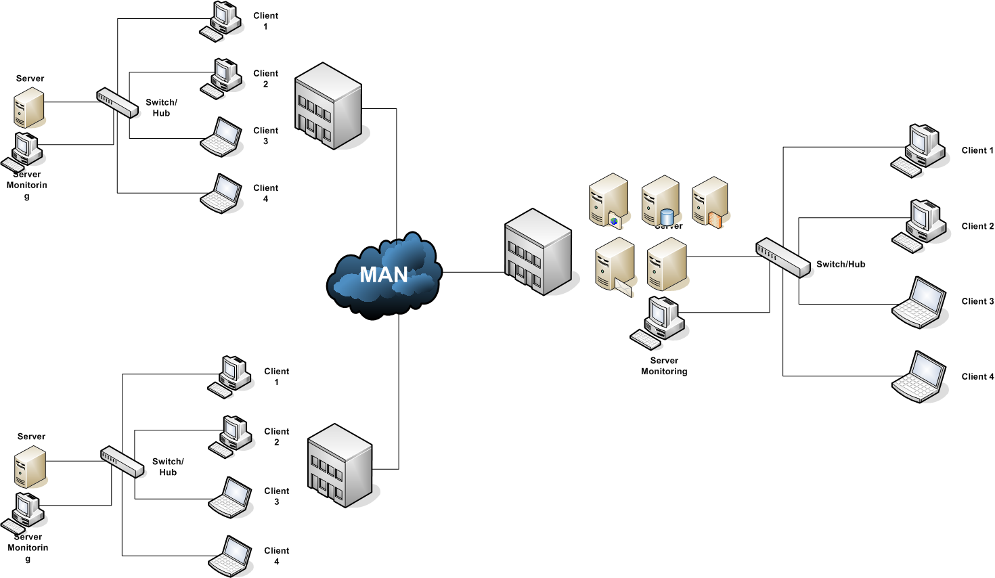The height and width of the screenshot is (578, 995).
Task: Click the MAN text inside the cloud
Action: [383, 275]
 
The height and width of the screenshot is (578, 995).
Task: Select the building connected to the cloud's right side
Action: [539, 252]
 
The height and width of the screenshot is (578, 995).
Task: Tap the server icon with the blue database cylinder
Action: [660, 201]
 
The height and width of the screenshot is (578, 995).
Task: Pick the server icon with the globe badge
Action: [608, 200]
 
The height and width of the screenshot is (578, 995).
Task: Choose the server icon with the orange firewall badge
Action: [709, 202]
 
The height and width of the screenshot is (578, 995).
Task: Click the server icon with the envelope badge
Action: [614, 267]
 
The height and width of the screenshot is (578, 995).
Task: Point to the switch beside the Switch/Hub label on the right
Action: [782, 257]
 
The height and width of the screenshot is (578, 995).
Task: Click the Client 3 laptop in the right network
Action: [919, 303]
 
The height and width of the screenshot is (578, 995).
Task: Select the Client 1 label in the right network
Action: [977, 150]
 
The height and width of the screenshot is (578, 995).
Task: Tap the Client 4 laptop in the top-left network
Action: [221, 194]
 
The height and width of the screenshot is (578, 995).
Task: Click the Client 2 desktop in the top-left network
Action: [222, 78]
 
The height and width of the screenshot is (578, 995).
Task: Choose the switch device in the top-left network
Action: [116, 103]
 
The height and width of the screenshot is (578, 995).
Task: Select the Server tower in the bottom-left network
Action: [30, 467]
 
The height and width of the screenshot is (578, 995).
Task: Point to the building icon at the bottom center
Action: [340, 466]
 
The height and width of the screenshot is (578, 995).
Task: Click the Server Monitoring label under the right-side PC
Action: [663, 365]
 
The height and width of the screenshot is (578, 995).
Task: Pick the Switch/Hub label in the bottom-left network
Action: [168, 466]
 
